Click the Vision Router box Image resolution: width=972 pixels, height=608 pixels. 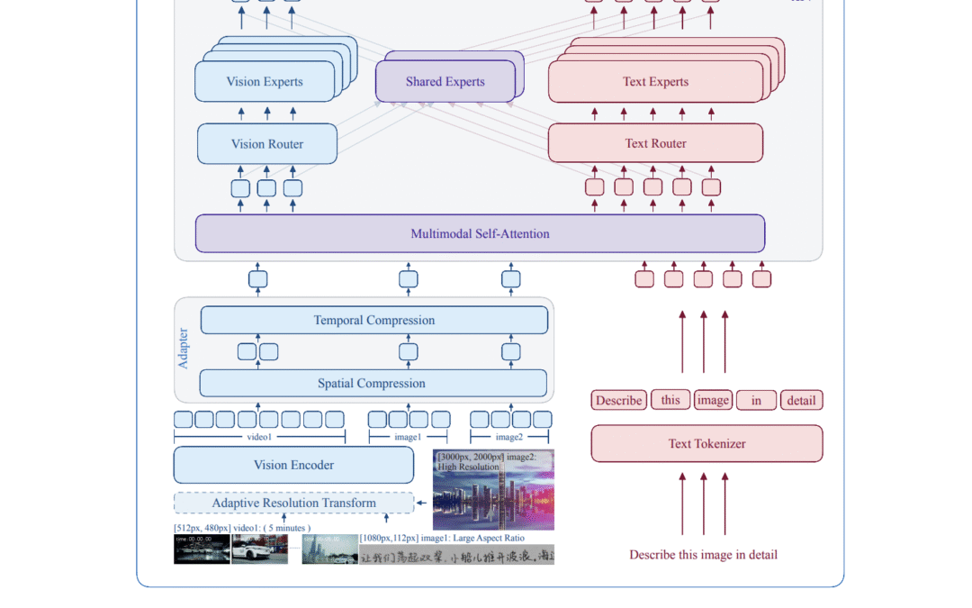point(267,144)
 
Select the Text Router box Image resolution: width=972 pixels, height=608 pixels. point(655,143)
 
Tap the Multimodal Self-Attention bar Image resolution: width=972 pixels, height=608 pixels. point(480,233)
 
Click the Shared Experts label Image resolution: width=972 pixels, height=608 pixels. point(445,82)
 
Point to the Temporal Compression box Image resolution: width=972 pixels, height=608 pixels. point(373,320)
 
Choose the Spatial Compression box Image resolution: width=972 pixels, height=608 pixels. point(373,383)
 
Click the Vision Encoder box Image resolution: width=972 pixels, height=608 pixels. point(293,465)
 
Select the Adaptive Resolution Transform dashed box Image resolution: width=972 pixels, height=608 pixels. point(293,503)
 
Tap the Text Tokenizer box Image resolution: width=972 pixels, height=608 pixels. point(706,443)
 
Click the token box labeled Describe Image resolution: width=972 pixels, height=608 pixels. point(618,400)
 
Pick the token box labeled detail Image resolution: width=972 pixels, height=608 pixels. point(801,400)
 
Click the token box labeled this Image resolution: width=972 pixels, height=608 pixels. point(670,399)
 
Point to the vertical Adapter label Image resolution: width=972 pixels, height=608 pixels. point(184,348)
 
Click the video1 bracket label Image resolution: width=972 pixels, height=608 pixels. point(259,437)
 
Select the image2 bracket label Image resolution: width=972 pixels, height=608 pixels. point(509,437)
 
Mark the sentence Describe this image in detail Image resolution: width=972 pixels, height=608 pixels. point(703,555)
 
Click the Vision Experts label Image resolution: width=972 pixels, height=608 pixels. point(265,82)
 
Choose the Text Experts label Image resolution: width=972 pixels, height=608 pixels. point(655,82)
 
